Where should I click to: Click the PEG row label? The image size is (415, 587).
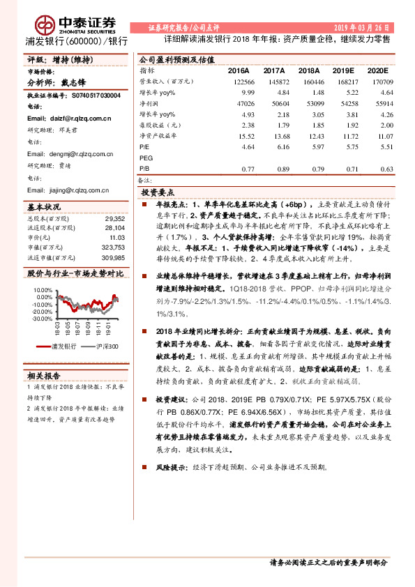pyautogui.click(x=146, y=158)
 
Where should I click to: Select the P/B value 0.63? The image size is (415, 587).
pyautogui.click(x=384, y=168)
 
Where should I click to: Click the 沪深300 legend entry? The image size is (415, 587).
pyautogui.click(x=103, y=346)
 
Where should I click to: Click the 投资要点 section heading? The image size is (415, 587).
pyautogui.click(x=158, y=192)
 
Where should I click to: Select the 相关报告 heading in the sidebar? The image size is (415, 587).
pyautogui.click(x=45, y=375)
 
